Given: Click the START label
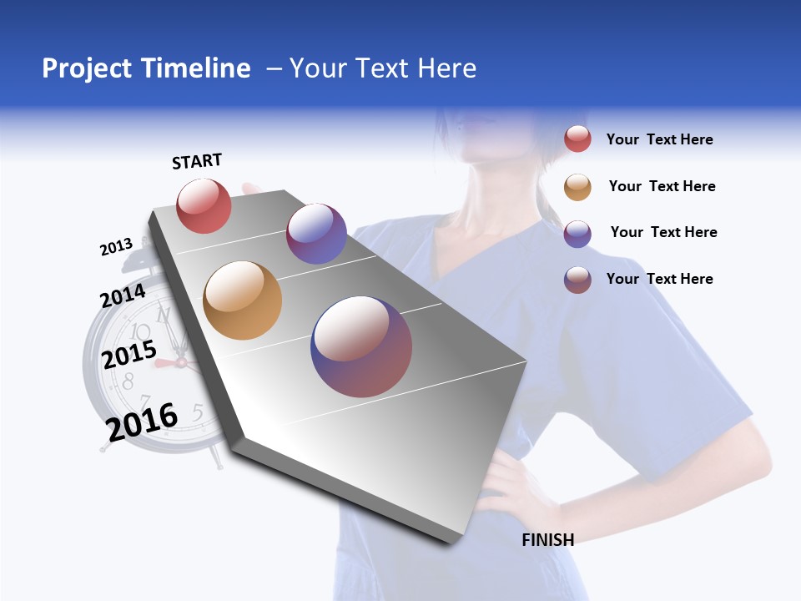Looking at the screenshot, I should (x=197, y=161).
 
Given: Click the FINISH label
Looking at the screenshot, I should (x=547, y=540).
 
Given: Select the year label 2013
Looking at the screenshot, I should (x=116, y=247).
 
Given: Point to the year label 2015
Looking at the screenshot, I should (x=128, y=355).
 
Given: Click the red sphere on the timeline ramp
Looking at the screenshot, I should (x=204, y=205).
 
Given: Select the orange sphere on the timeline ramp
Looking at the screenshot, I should (x=242, y=300).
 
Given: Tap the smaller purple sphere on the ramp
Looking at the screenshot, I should (x=316, y=234).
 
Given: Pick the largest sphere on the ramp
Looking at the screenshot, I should (x=361, y=346).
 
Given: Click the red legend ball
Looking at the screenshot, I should (x=577, y=139).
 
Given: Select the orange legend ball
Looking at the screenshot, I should (x=577, y=187).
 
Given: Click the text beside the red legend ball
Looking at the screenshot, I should (x=659, y=140).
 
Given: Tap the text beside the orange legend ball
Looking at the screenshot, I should (x=662, y=186).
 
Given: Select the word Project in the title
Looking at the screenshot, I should (x=86, y=68).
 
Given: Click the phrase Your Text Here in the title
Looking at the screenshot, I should (x=383, y=68).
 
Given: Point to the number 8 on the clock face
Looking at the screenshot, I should (x=128, y=382).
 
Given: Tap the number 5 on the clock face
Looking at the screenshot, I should (x=198, y=411).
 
